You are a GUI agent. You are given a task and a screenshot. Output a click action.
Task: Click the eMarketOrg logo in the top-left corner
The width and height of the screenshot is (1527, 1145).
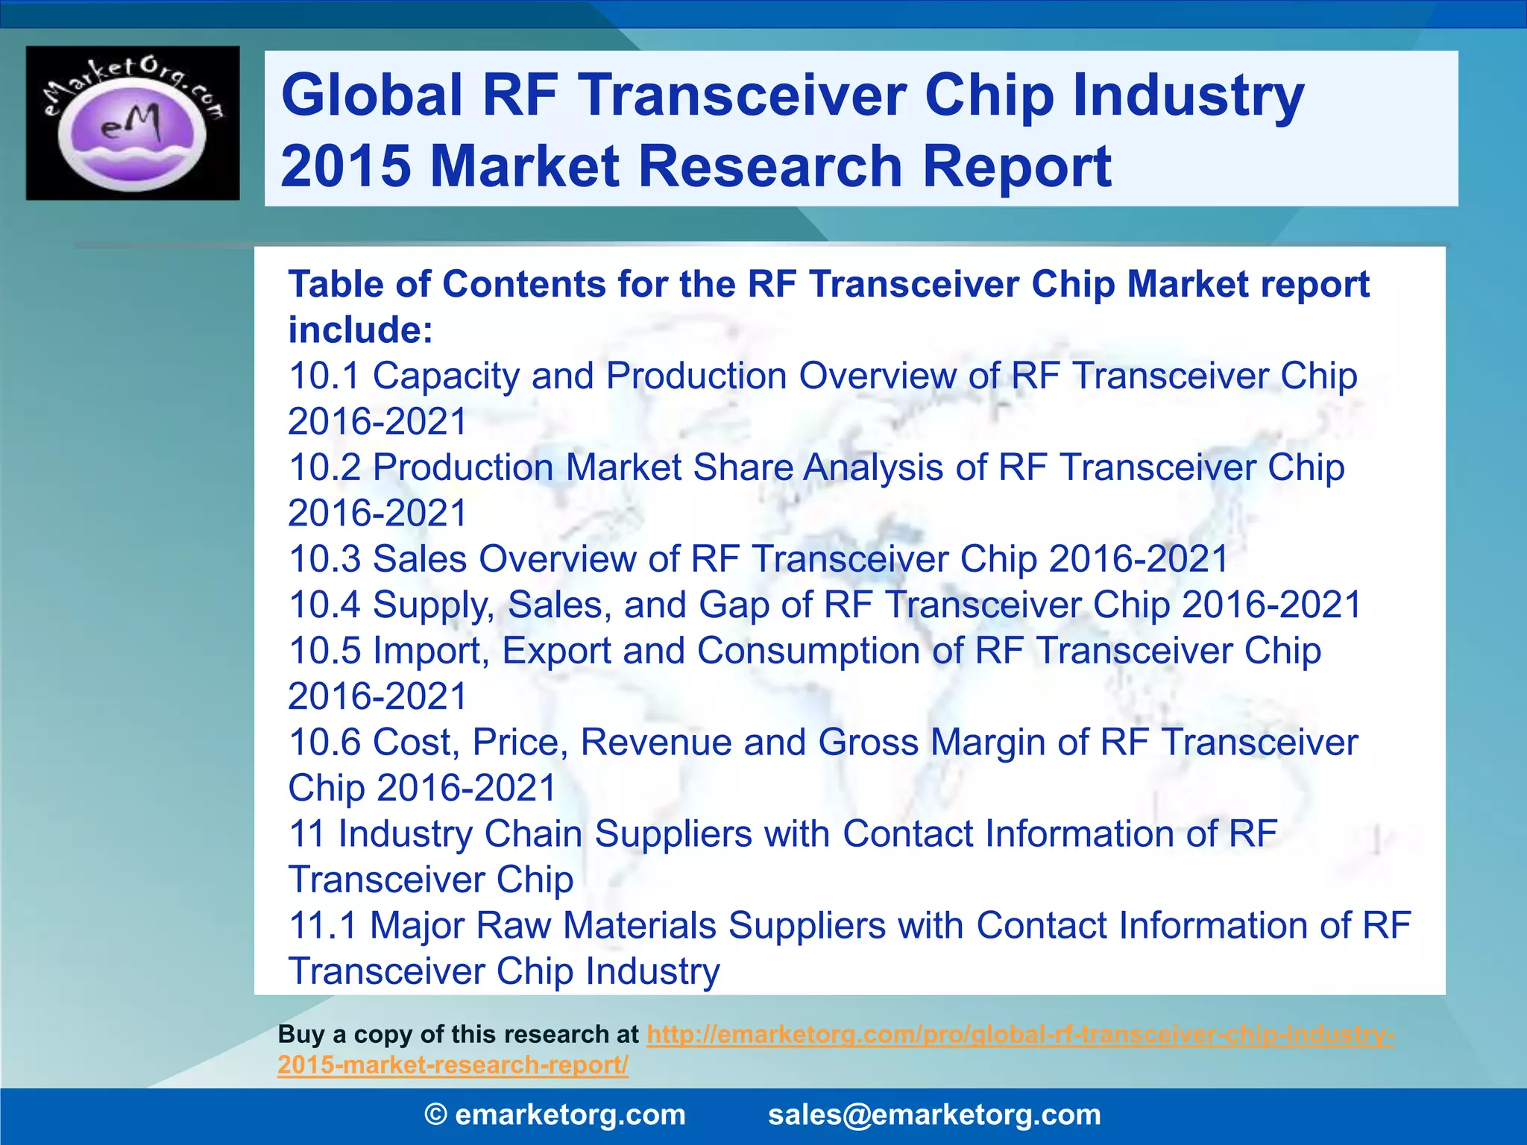click(x=133, y=123)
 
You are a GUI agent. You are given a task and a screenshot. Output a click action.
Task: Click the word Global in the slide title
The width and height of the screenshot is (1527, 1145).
click(x=372, y=95)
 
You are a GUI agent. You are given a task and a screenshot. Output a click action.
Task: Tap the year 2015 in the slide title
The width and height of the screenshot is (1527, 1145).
click(x=345, y=166)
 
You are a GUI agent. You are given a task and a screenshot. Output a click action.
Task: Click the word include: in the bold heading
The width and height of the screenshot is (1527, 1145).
click(x=360, y=330)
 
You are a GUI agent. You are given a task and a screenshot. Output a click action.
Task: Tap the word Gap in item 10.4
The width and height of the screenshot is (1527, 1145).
click(x=734, y=605)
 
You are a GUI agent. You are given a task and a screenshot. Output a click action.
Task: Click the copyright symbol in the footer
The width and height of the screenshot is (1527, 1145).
click(x=435, y=1115)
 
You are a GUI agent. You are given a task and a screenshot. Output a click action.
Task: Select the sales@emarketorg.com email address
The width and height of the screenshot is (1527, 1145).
click(x=934, y=1115)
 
